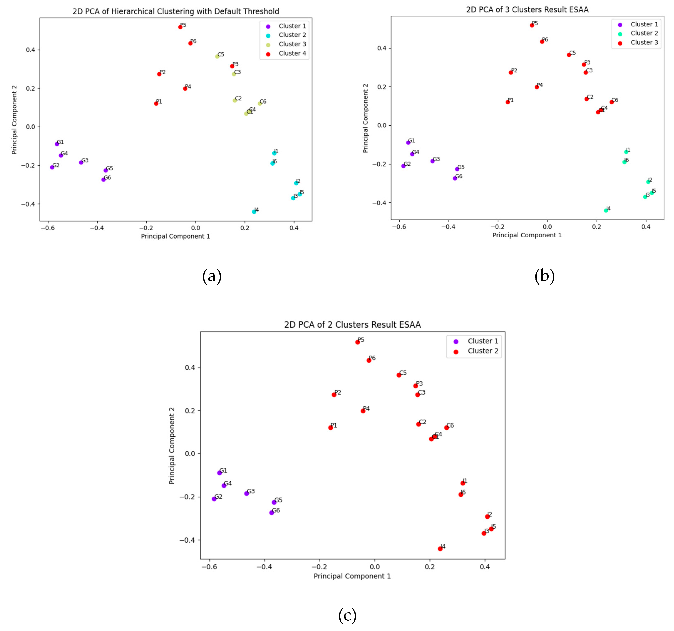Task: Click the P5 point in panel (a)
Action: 180,27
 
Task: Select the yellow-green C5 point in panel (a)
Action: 217,57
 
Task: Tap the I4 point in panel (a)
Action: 254,212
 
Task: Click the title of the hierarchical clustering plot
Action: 176,11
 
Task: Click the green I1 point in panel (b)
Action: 626,152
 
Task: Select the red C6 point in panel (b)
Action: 612,102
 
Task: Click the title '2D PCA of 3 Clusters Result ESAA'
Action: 527,10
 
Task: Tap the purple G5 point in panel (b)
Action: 457,169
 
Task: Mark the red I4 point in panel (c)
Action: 440,549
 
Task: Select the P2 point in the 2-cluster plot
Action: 334,395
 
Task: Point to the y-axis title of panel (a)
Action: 14,120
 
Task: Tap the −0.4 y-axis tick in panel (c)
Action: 187,540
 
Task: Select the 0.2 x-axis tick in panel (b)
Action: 597,227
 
